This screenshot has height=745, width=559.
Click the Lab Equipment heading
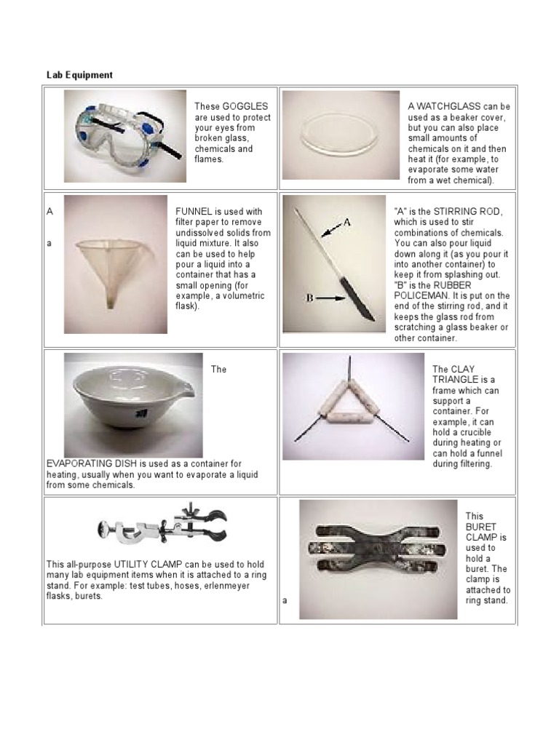point(79,75)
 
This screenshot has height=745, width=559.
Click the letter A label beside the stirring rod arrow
point(346,223)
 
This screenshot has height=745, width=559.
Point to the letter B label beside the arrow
point(309,298)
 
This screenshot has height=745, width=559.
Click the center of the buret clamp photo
point(378,559)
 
